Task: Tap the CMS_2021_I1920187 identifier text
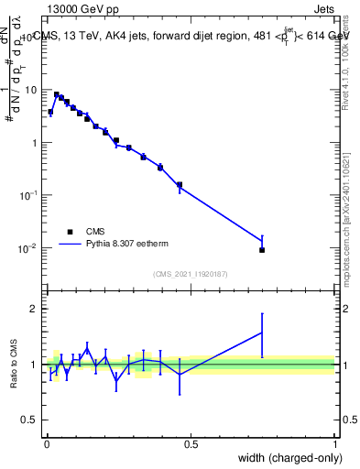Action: coord(191,274)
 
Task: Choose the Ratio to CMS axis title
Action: coord(13,365)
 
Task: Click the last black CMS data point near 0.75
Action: coord(262,250)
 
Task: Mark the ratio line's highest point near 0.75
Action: coord(262,333)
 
